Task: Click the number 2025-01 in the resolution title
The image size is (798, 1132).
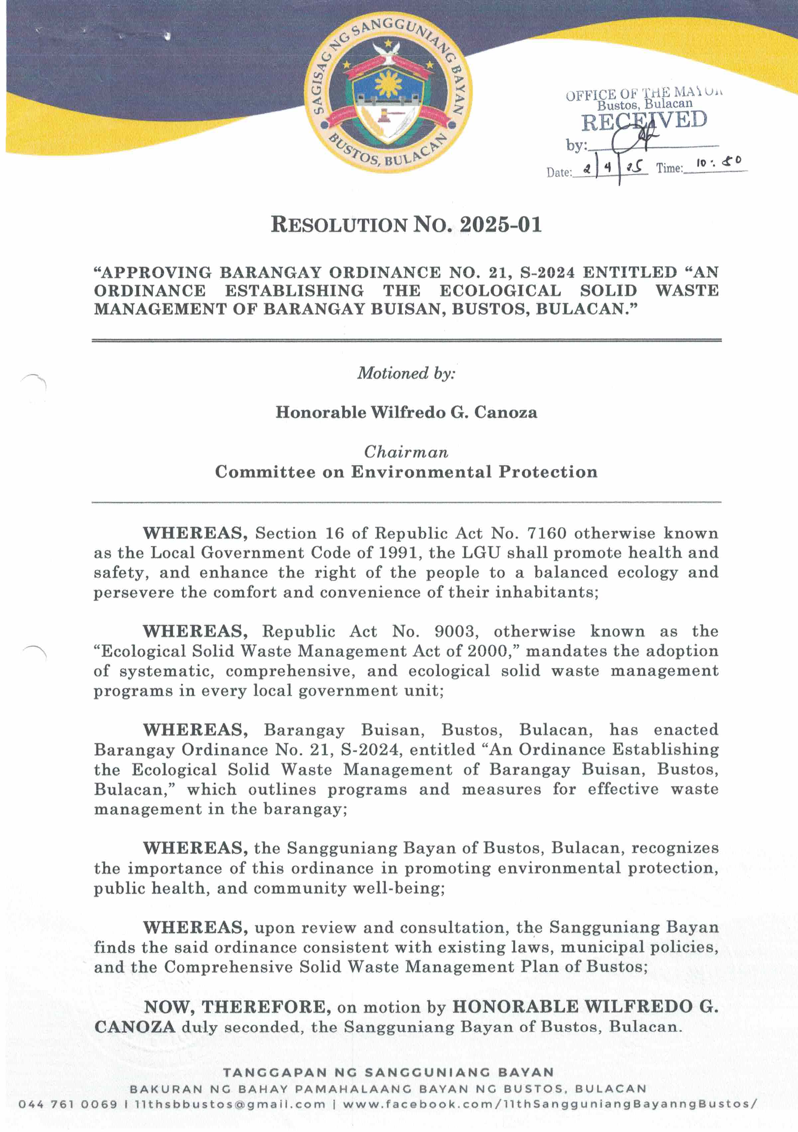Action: point(500,225)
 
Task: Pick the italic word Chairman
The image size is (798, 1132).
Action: point(406,452)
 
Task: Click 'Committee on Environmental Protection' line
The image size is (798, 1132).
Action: point(406,472)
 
